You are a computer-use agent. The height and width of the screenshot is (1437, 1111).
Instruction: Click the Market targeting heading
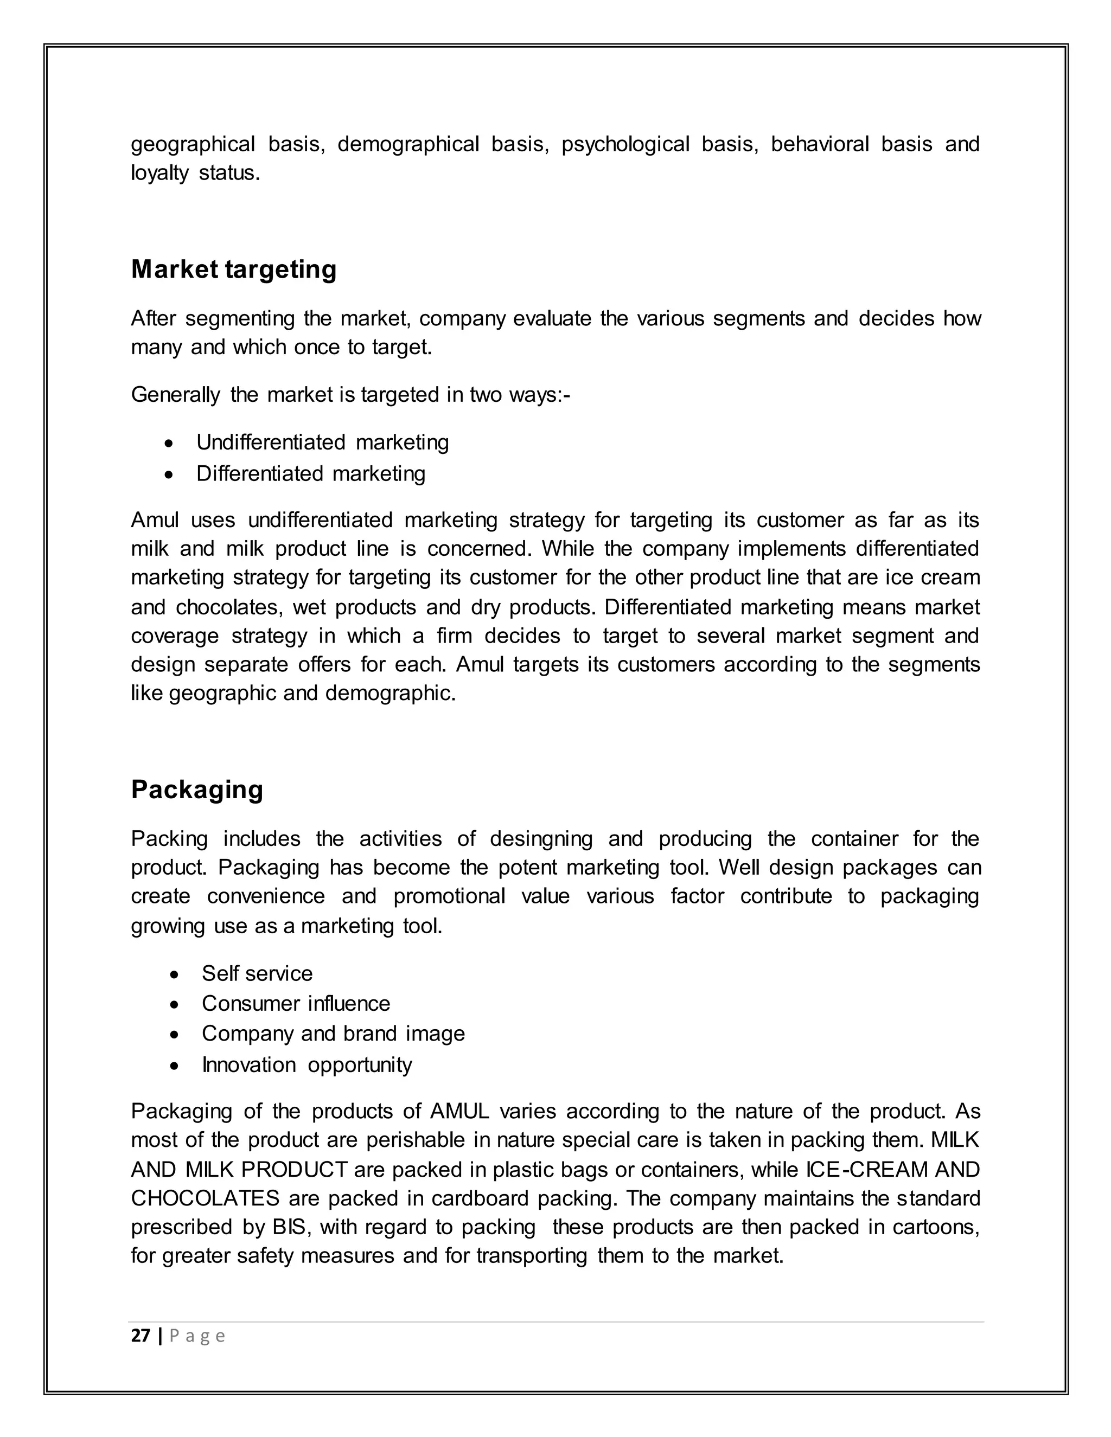pyautogui.click(x=234, y=270)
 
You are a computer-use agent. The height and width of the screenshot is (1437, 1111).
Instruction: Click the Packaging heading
pyautogui.click(x=197, y=790)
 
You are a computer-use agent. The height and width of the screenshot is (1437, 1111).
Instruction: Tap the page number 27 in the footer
pyautogui.click(x=140, y=1336)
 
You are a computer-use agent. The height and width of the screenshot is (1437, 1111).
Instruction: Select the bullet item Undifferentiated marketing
pyautogui.click(x=323, y=442)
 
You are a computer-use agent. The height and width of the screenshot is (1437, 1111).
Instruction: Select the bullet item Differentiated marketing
pyautogui.click(x=311, y=474)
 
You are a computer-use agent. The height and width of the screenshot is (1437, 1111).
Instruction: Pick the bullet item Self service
pyautogui.click(x=257, y=973)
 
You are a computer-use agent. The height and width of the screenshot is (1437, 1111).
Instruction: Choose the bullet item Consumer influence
pyautogui.click(x=296, y=1003)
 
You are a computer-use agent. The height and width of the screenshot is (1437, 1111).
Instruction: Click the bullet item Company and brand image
pyautogui.click(x=333, y=1034)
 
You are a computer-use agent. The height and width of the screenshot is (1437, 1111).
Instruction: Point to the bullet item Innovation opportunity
pyautogui.click(x=307, y=1064)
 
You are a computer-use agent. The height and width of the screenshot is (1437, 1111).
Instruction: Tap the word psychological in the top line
pyautogui.click(x=625, y=144)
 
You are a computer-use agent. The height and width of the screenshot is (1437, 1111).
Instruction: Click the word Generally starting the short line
pyautogui.click(x=175, y=395)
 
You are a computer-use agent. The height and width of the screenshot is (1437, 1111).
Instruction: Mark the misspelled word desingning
pyautogui.click(x=541, y=839)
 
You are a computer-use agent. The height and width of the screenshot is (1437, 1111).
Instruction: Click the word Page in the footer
pyautogui.click(x=197, y=1336)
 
